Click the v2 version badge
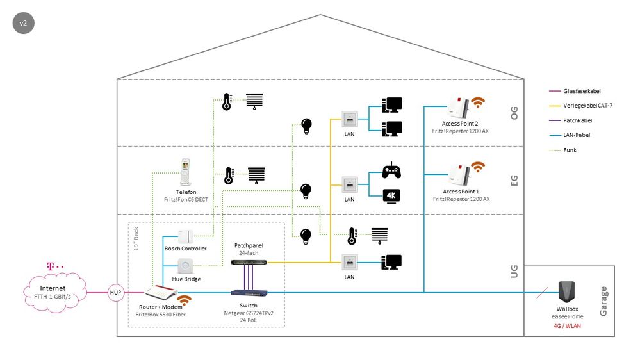(23, 23)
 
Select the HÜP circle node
(116, 292)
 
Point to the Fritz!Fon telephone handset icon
(186, 173)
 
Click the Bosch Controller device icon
(186, 235)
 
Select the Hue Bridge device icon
(186, 265)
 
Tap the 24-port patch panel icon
(250, 262)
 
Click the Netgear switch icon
(250, 293)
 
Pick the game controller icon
(391, 171)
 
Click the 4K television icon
(391, 196)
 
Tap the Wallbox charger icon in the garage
(565, 291)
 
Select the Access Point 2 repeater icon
(457, 107)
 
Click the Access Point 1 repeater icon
(457, 174)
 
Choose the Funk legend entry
(573, 150)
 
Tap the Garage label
(603, 301)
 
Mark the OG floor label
(514, 113)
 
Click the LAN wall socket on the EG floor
(349, 184)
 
